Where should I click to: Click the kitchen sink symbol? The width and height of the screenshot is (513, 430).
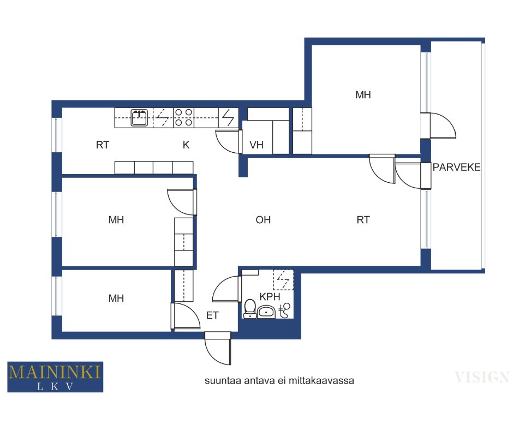[x=139, y=117]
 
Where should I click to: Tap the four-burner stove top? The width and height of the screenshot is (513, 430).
[x=183, y=117]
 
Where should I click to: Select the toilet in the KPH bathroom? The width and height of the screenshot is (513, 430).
[x=250, y=309]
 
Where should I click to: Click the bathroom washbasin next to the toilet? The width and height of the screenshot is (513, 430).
[x=267, y=311]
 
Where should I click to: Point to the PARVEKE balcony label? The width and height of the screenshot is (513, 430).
[x=456, y=167]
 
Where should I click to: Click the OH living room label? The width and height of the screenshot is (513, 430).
[x=263, y=219]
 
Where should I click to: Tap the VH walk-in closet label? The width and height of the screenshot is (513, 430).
[x=256, y=145]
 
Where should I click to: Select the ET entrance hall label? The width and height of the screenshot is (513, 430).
[x=212, y=315]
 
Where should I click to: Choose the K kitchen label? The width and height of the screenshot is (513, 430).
[x=186, y=145]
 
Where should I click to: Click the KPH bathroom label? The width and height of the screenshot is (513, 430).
[x=270, y=296]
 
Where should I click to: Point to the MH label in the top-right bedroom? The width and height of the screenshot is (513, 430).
[x=363, y=95]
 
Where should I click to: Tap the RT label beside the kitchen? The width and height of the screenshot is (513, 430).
[x=103, y=145]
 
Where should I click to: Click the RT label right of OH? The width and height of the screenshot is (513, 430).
[x=363, y=219]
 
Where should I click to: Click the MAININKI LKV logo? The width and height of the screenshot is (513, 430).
[x=55, y=377]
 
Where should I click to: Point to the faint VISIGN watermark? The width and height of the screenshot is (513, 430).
[x=481, y=377]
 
